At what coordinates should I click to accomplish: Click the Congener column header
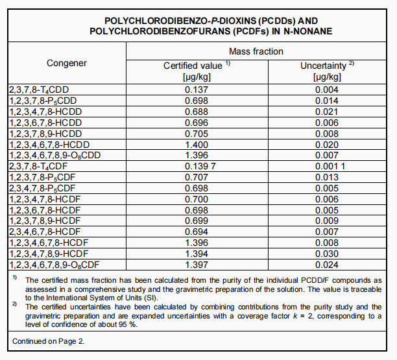[x=66, y=63]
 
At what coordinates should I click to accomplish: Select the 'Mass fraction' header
[x=256, y=51]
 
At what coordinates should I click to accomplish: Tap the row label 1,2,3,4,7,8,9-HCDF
[x=49, y=254]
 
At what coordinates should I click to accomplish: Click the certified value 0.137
[x=196, y=90]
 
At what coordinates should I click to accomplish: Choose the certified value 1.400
[x=196, y=145]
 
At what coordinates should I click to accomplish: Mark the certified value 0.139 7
[x=196, y=167]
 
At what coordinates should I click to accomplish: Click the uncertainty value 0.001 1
[x=326, y=167]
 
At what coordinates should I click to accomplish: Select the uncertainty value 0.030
[x=326, y=254]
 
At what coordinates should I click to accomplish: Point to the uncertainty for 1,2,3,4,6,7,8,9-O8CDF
[x=326, y=265]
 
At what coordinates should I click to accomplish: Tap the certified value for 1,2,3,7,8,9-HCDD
[x=196, y=134]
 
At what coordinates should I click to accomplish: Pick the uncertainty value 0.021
[x=326, y=112]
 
